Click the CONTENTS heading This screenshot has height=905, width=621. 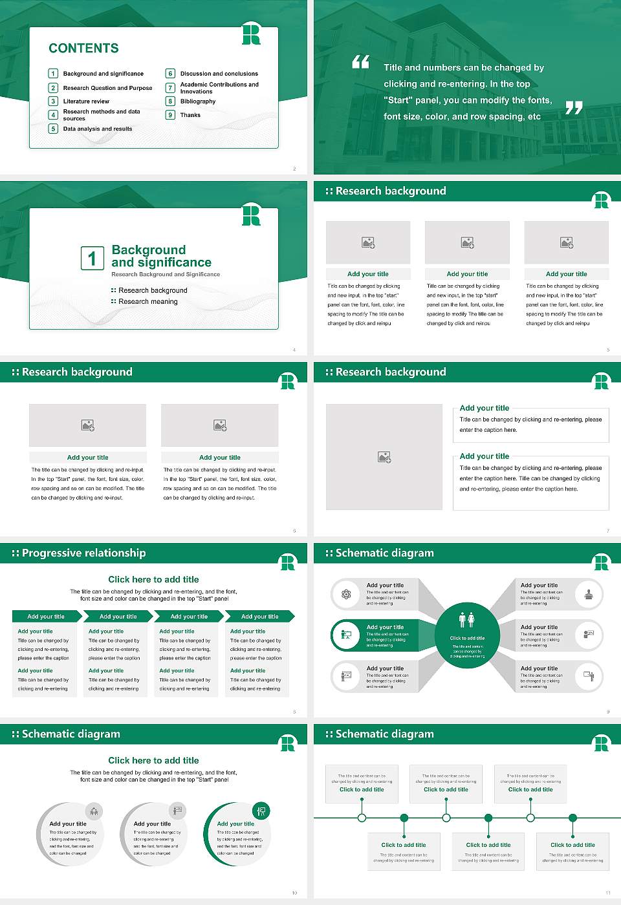point(83,48)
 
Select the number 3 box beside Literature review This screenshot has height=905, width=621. point(54,101)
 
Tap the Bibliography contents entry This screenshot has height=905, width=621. point(198,101)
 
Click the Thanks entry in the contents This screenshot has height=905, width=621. point(190,115)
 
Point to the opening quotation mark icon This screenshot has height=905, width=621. point(360,62)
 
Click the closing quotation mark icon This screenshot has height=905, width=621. point(574,108)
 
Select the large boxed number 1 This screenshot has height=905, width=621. point(92,258)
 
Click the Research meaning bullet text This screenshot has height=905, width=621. point(148,302)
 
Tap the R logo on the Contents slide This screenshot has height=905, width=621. point(251,34)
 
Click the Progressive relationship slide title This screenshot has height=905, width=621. point(83,553)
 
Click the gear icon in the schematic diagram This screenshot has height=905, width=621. point(346,594)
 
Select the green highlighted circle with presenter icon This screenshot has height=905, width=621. point(346,635)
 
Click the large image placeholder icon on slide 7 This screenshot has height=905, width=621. point(384,457)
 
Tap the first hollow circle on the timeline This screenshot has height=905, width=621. point(362,818)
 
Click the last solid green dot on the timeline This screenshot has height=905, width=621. point(573,818)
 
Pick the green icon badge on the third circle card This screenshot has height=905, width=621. point(261,811)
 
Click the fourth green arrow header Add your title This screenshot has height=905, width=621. point(260,617)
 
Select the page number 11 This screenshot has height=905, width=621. point(607,893)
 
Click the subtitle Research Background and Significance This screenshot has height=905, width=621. point(166,275)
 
